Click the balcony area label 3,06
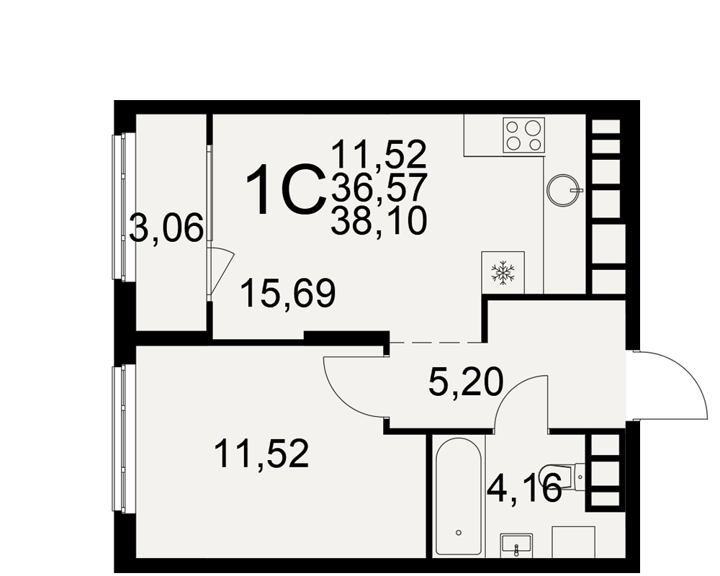(x=166, y=228)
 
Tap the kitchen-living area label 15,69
(x=288, y=294)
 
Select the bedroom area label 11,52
(x=261, y=454)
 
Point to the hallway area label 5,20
(x=466, y=382)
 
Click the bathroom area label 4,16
(x=524, y=488)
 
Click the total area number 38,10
(x=379, y=221)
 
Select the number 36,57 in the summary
(x=379, y=188)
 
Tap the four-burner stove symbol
(x=524, y=135)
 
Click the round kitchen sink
(x=564, y=189)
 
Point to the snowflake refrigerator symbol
(x=503, y=272)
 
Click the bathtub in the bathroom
(x=459, y=496)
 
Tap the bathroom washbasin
(x=516, y=545)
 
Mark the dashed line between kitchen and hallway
(x=436, y=342)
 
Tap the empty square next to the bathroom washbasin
(x=574, y=542)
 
